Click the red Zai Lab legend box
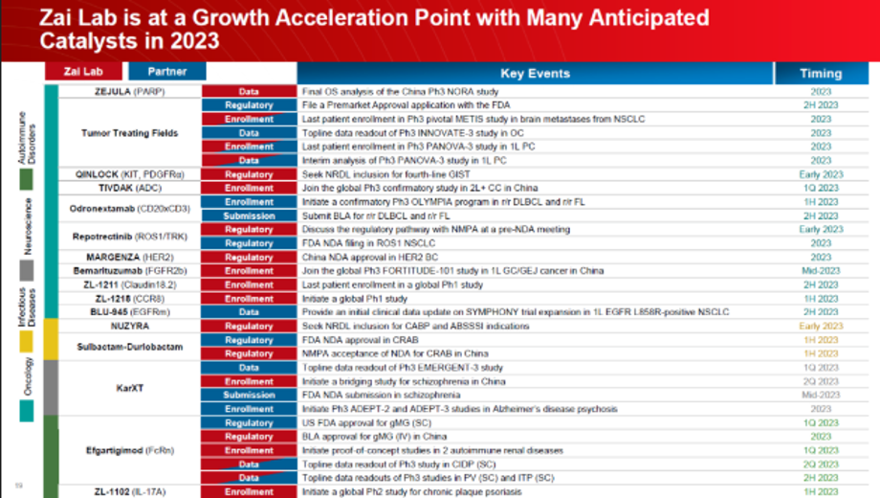coord(83,72)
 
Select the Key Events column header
coord(535,73)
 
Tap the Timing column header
coord(821,73)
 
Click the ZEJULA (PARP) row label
coord(129,92)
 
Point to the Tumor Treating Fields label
coord(129,133)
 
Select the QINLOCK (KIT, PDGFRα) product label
coord(129,174)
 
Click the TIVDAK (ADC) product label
coord(129,189)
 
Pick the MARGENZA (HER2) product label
coord(129,258)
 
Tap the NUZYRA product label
coord(129,327)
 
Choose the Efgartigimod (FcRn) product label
coord(129,450)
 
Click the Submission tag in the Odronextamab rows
coord(249,216)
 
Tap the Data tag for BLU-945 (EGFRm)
coord(249,312)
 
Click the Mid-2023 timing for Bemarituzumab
coord(821,271)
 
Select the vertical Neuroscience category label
coord(29,226)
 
